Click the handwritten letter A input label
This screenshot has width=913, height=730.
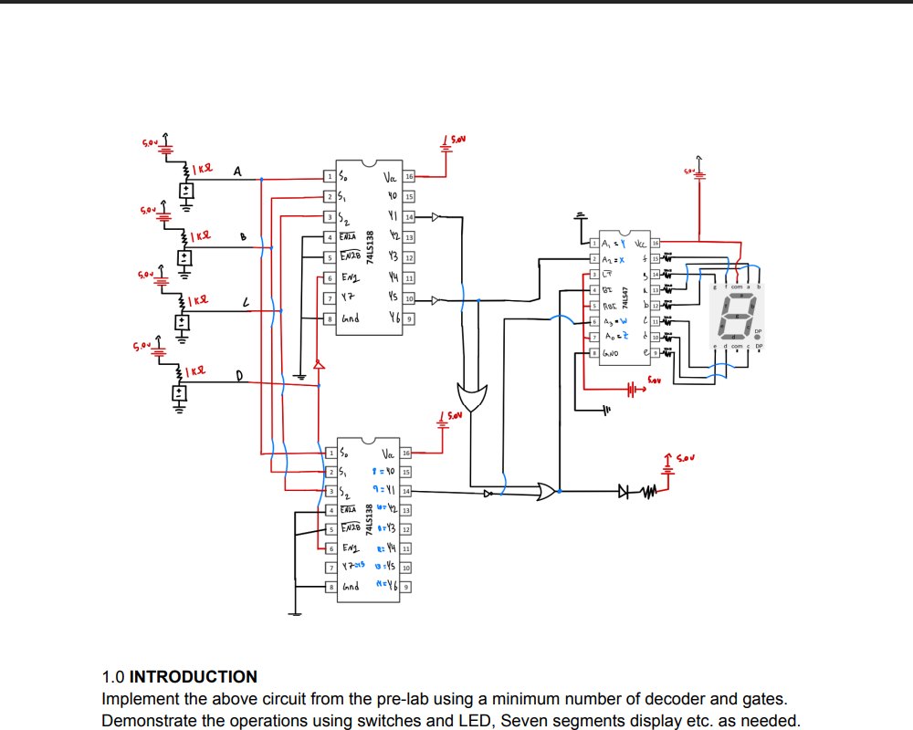point(238,171)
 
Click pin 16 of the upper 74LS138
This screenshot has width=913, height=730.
point(410,176)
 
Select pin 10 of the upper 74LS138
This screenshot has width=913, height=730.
point(410,299)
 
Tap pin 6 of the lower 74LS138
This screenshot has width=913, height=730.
point(330,549)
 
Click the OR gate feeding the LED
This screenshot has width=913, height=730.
point(547,492)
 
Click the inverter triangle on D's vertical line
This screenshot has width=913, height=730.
point(319,365)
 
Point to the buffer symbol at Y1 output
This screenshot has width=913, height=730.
point(436,217)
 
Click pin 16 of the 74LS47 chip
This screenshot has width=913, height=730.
point(655,244)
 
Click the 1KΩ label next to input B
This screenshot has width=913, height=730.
point(200,235)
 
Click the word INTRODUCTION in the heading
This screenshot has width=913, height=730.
point(194,677)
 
